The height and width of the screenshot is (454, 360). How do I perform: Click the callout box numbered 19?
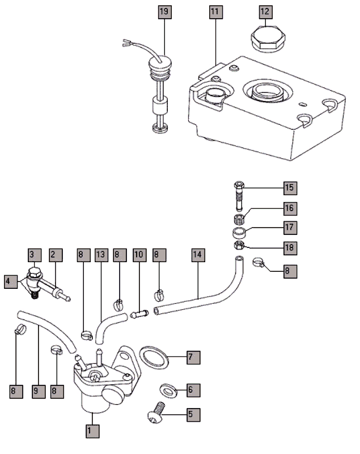point(163,11)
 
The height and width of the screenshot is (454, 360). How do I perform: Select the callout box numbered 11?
point(216,11)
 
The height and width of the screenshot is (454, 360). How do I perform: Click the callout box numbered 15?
point(290,187)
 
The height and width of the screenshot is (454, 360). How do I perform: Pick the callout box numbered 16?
point(290,208)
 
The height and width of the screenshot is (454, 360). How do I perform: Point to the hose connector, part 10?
point(139,313)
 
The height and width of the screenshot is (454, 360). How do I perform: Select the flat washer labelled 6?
point(168,389)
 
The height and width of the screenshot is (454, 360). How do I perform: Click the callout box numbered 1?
point(89,430)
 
